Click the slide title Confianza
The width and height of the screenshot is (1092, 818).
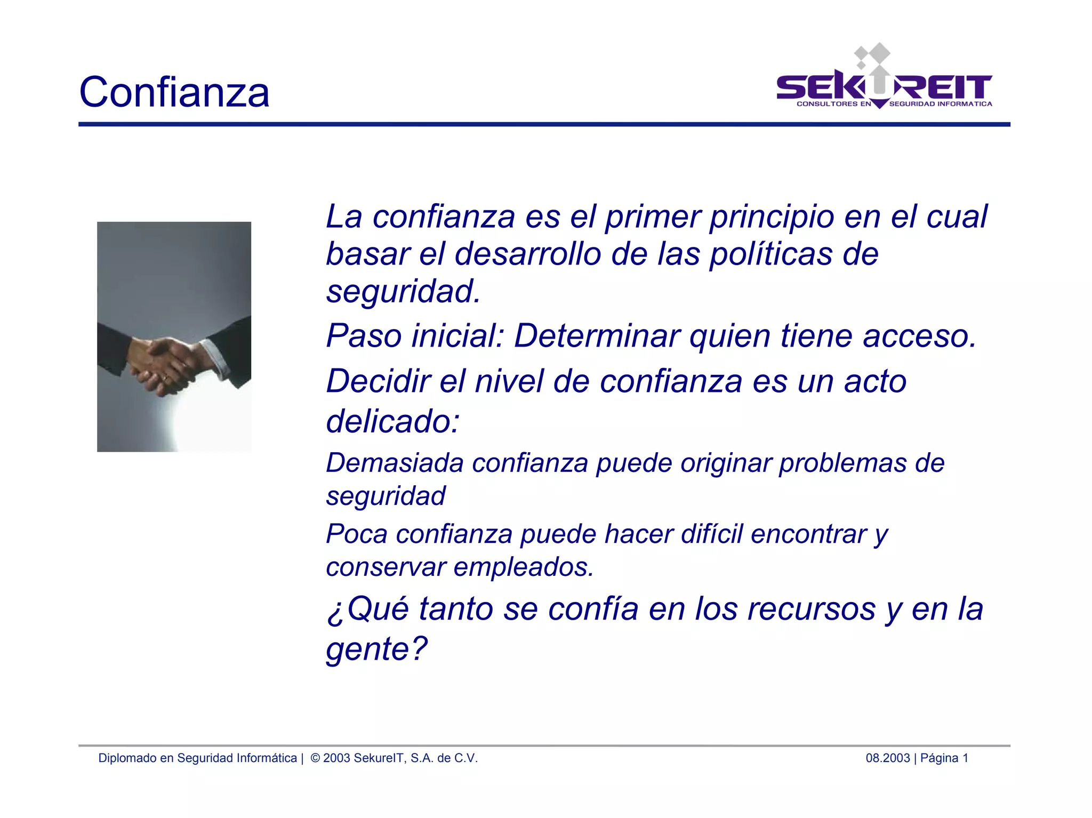(174, 92)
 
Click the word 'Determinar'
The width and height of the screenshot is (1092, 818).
(597, 336)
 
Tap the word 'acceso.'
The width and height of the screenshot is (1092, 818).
(919, 336)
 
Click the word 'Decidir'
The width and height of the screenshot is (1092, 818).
(378, 381)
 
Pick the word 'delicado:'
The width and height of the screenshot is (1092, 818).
(392, 422)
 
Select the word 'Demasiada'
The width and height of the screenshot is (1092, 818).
(395, 463)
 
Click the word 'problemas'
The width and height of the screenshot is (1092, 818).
(842, 463)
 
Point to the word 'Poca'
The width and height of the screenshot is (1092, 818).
(356, 534)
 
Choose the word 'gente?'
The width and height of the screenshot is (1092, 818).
(376, 649)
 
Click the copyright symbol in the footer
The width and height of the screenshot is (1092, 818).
(315, 758)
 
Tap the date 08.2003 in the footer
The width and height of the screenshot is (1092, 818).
(887, 758)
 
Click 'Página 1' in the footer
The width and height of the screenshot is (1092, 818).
(944, 758)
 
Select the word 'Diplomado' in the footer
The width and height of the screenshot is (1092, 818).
(127, 758)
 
